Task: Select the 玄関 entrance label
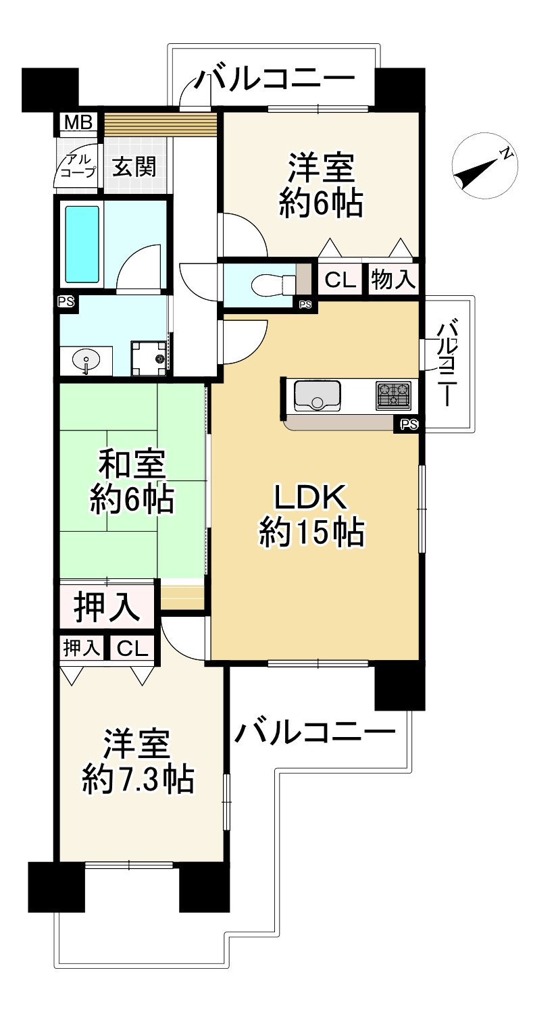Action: click(x=134, y=166)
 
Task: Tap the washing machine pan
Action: click(x=149, y=357)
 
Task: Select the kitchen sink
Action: click(x=315, y=395)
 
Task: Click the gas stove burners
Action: click(x=393, y=395)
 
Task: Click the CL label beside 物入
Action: click(x=340, y=279)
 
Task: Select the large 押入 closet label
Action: click(x=107, y=606)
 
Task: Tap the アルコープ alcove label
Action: click(x=77, y=167)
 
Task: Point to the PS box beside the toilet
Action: click(x=306, y=305)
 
